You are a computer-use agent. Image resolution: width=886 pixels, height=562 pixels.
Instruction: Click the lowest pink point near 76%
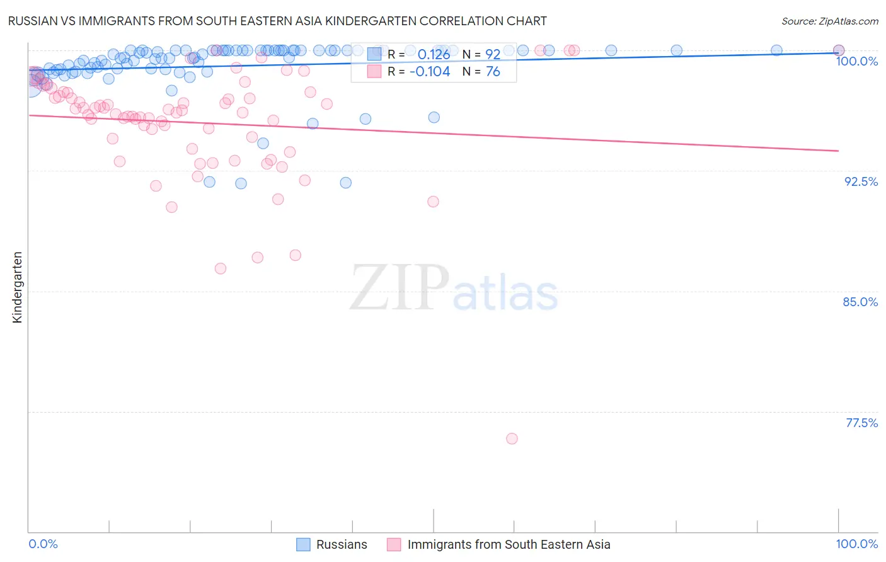512,439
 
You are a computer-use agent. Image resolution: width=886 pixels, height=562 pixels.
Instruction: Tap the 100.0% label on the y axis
856,61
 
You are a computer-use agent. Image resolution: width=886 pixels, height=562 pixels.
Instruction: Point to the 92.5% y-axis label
861,181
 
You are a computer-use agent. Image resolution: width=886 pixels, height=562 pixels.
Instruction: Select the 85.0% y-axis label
860,302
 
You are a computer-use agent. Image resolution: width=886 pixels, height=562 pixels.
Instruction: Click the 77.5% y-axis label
861,423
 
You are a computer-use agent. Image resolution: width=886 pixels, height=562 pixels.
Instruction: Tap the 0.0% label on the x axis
43,544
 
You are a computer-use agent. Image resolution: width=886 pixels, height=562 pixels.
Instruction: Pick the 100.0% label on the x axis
856,544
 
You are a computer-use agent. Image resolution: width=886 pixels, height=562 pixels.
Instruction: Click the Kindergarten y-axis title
17,287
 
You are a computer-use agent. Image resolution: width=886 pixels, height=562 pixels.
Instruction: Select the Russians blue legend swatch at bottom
303,544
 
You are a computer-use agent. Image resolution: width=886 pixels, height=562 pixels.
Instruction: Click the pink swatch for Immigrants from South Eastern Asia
394,544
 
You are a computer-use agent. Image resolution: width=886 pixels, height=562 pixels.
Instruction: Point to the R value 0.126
434,54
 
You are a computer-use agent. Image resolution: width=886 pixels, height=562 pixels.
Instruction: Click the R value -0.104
430,72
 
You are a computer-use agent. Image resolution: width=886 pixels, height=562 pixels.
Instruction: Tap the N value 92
492,54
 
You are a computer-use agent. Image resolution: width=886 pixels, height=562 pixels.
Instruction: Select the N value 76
492,72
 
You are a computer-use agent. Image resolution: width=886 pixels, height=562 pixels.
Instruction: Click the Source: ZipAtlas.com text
829,21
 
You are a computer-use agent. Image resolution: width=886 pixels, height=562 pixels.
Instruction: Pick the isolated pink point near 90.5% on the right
433,202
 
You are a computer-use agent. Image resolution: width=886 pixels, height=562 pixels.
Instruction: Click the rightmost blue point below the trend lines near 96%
434,117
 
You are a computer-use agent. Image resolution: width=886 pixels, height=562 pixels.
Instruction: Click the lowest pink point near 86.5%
220,268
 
